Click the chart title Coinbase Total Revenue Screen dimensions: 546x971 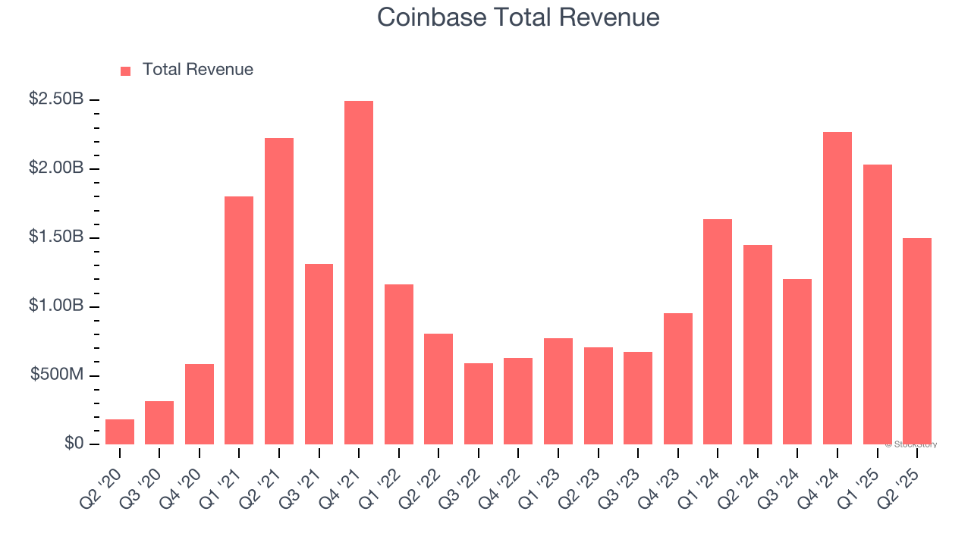tap(518, 17)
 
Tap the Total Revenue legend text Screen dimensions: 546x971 tap(197, 70)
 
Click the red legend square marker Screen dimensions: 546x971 tap(126, 71)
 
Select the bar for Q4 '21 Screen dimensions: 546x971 tap(359, 272)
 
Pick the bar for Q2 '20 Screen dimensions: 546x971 tap(120, 431)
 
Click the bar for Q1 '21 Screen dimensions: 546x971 tap(239, 320)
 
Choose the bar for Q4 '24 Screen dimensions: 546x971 tap(837, 288)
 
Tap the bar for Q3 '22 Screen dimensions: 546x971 tap(478, 403)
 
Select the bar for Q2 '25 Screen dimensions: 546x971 tap(916, 341)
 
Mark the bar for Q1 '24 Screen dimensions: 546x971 tap(718, 331)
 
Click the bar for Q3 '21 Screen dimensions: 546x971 tap(319, 354)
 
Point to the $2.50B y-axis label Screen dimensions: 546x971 tap(56, 99)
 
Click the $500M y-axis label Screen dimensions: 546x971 tap(57, 375)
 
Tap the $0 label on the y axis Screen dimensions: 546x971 tap(73, 444)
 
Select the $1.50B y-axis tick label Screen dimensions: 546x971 tap(56, 237)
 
